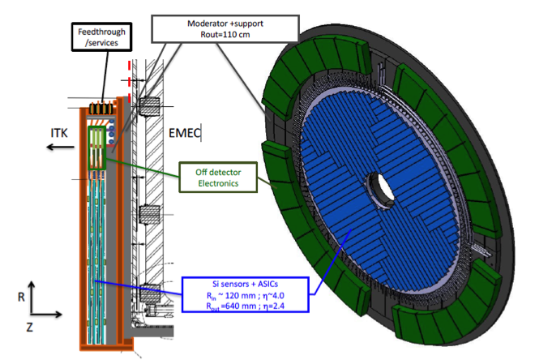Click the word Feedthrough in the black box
(101, 32)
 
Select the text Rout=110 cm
(225, 35)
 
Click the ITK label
(59, 133)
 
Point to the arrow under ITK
(61, 147)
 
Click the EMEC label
(184, 133)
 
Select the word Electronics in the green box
(218, 183)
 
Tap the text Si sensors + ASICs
(246, 284)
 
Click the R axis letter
(21, 297)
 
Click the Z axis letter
(30, 328)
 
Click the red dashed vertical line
(130, 82)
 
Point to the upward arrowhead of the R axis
(32, 285)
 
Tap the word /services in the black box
(101, 43)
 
